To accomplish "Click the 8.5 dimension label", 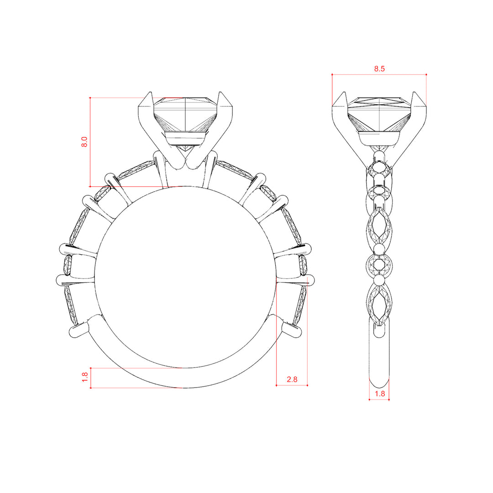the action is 379,69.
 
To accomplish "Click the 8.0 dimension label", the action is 84,142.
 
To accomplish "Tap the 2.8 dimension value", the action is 292,379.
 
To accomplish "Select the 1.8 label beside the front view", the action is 84,378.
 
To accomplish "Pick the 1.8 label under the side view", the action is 379,393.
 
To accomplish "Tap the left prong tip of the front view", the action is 150,92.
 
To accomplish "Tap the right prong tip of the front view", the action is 221,92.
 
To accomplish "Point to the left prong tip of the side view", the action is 344,92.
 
